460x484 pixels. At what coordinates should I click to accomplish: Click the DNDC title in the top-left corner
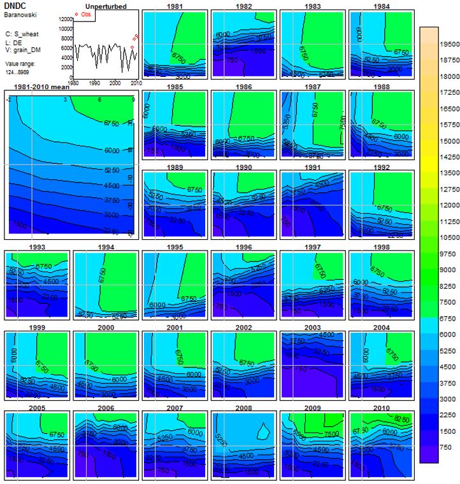(14, 4)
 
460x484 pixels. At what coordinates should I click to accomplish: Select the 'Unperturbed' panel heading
(106, 6)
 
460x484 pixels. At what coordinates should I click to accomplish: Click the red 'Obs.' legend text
(86, 13)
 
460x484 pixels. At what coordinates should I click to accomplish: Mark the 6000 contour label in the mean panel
(111, 149)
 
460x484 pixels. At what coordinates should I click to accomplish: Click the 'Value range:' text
(20, 64)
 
